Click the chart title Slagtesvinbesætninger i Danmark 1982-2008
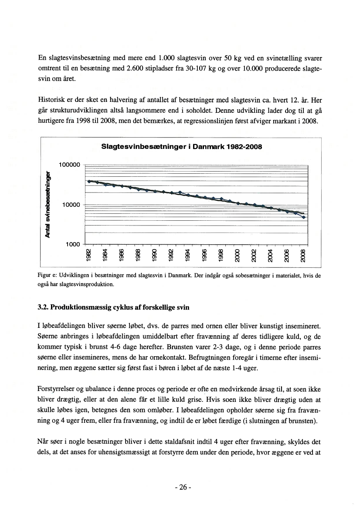181,147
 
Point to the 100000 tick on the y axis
69,165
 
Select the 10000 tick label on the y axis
71,205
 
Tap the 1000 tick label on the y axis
73,245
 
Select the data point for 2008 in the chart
304,217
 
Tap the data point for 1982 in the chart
89,181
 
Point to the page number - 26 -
180,487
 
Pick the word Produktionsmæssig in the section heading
82,307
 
